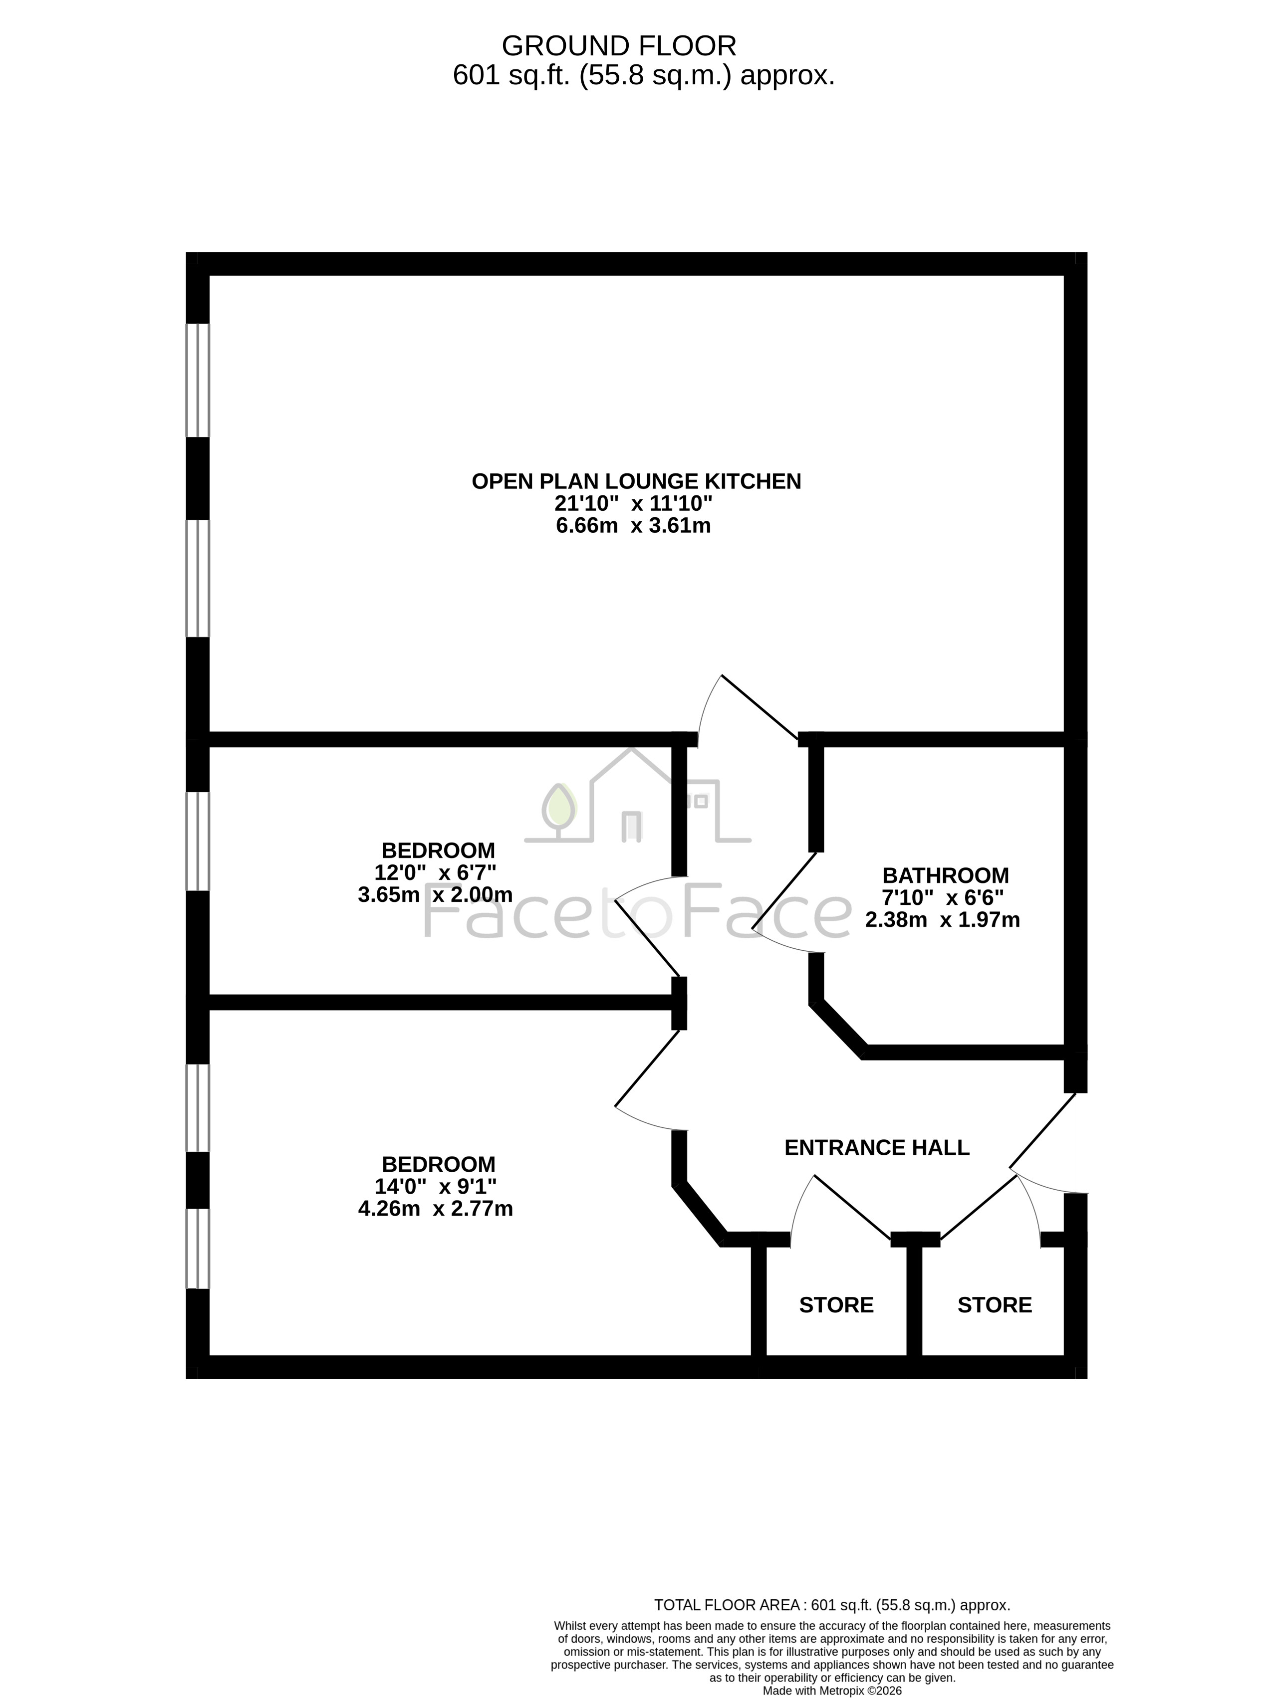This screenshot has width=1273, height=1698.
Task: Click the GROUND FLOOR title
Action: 619,46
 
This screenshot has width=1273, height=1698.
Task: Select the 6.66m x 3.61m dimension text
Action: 633,526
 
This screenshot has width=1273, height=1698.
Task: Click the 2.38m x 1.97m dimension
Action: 942,920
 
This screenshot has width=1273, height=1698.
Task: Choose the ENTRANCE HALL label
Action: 877,1148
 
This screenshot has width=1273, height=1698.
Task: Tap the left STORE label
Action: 836,1305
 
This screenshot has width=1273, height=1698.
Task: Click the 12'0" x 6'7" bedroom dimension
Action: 435,873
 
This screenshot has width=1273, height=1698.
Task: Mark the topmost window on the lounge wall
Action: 198,380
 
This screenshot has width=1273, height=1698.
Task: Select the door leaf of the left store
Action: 852,1207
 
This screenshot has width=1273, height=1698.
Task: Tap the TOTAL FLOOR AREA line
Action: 832,1604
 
